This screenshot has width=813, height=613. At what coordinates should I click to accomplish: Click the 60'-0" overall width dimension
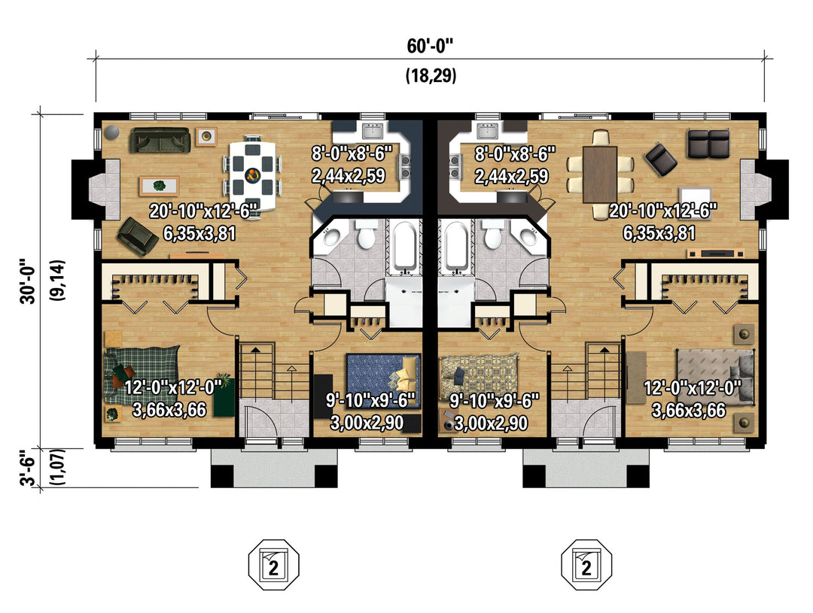(430, 46)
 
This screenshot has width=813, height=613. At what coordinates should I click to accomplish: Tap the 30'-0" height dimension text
(29, 281)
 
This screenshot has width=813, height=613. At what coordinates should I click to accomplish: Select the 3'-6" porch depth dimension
(29, 469)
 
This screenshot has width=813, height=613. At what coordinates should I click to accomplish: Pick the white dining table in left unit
(253, 173)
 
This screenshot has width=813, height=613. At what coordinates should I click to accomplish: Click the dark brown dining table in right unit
(600, 174)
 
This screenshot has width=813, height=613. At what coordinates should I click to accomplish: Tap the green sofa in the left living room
(160, 141)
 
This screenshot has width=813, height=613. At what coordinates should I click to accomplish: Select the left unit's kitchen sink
(373, 132)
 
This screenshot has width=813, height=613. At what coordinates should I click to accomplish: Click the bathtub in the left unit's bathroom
(404, 247)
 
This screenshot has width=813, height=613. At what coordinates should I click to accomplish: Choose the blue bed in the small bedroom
(382, 379)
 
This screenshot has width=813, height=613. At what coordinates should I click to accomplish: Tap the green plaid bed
(142, 373)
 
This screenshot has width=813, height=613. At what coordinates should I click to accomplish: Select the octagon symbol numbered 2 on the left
(274, 565)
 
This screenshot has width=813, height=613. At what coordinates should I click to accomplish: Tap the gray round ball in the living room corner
(111, 132)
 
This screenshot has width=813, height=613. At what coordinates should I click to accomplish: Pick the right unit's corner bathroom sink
(528, 238)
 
